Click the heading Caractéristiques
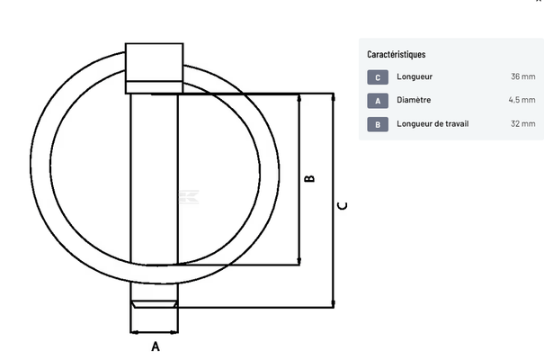(x=397, y=55)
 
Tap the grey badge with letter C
(x=378, y=77)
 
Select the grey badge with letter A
(x=378, y=101)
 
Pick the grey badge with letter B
(x=378, y=124)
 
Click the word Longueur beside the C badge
(x=415, y=76)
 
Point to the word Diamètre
(x=414, y=100)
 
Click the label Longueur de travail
(x=433, y=123)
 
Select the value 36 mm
(x=522, y=76)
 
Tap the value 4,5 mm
(x=522, y=100)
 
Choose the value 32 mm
(x=522, y=123)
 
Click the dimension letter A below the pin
(x=156, y=346)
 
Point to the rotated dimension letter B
(x=309, y=178)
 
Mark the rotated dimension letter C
(x=342, y=206)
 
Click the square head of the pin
(x=154, y=68)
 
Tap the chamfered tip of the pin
(x=155, y=304)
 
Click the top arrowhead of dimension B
(x=299, y=98)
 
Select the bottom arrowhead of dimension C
(x=333, y=303)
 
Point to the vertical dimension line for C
(x=333, y=201)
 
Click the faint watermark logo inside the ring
(x=190, y=197)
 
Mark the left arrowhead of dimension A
(x=135, y=333)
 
